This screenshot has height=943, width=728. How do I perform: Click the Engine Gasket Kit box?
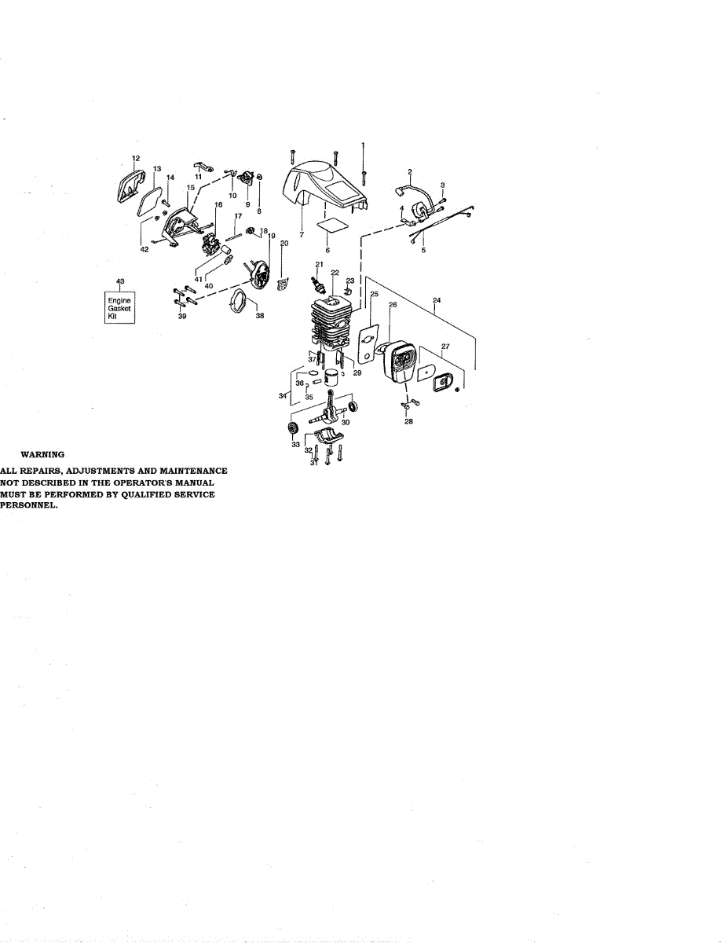coord(120,308)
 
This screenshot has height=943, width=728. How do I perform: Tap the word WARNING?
coord(42,454)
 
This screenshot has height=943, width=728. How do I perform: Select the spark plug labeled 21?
coord(320,280)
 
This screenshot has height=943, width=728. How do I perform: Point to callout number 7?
coord(301,234)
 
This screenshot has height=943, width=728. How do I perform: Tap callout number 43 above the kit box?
coord(119,281)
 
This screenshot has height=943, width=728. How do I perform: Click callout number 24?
coord(436,299)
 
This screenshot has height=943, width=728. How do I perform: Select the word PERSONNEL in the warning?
coord(28,507)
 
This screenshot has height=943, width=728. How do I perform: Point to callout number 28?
coord(408,422)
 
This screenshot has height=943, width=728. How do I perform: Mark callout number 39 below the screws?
coord(182,316)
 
